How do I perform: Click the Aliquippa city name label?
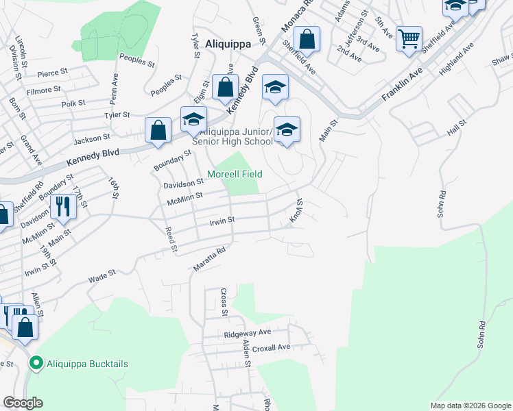tap(226, 42)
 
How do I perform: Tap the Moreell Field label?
tap(235, 174)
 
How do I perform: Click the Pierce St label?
tap(53, 71)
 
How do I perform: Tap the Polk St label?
tap(72, 103)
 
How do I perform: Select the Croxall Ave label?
tap(272, 347)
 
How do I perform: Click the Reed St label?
tap(171, 240)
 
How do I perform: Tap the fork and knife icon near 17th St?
tap(63, 205)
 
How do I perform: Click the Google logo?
tap(23, 403)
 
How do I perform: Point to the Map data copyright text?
tap(470, 406)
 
